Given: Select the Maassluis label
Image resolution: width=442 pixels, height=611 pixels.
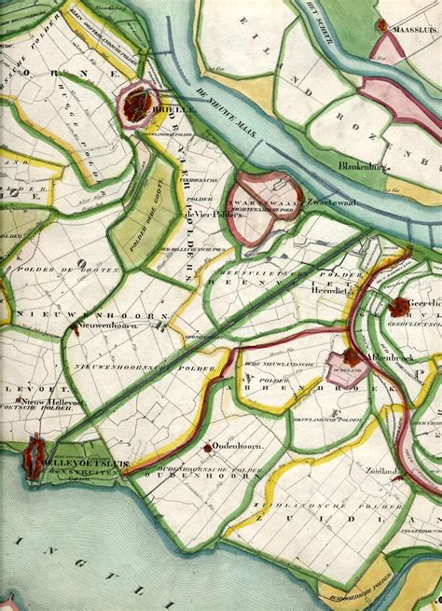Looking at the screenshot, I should (x=410, y=28).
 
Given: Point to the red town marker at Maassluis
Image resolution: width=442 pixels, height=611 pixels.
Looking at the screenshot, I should (x=381, y=26).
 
